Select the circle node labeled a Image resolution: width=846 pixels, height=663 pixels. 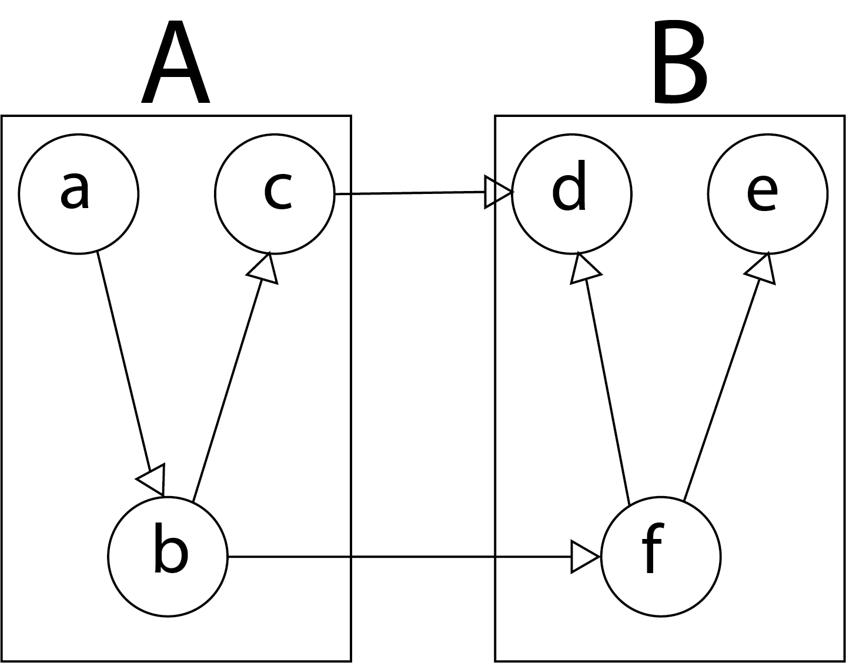point(78,193)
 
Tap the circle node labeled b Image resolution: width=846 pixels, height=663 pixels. point(168,556)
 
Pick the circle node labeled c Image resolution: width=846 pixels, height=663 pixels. point(275,193)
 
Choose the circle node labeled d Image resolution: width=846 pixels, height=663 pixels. point(571,193)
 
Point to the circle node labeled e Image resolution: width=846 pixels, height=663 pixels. point(768,193)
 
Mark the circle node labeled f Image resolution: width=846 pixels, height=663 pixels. point(661,556)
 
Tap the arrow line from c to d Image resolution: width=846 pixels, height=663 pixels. point(412,193)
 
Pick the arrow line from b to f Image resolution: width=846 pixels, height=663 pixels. point(400,556)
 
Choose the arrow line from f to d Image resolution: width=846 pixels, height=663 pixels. point(607,388)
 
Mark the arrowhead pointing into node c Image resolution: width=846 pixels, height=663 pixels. point(264,269)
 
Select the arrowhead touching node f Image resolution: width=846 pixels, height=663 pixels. point(584,556)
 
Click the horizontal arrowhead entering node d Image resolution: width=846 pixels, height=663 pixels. point(497,192)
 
